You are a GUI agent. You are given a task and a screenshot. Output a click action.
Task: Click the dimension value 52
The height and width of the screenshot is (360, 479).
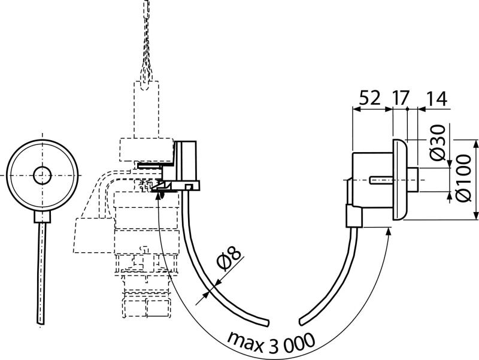point(369,98)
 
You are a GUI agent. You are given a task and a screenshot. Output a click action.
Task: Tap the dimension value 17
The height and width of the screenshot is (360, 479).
point(400,98)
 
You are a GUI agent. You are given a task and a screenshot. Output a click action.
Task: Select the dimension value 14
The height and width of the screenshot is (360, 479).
point(436,98)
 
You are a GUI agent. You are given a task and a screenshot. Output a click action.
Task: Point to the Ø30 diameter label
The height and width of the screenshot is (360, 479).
point(438,143)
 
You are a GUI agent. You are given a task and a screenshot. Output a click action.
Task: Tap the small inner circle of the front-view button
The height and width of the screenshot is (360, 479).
point(42,176)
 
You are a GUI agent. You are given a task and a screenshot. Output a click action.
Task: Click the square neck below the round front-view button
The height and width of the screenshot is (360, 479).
point(42,217)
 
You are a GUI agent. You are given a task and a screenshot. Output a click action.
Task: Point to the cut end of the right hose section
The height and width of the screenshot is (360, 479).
point(302,322)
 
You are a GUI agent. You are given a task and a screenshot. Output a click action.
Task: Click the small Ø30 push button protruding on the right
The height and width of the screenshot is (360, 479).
point(413,180)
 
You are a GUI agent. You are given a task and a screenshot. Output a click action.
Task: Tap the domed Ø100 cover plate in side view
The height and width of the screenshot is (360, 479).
point(399,180)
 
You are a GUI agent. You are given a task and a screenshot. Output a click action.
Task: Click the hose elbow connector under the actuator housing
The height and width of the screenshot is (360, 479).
point(354,216)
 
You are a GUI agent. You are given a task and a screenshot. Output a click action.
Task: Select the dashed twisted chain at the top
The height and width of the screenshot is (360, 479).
point(147,41)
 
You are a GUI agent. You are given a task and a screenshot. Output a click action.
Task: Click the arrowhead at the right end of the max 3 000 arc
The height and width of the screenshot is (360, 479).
point(389,231)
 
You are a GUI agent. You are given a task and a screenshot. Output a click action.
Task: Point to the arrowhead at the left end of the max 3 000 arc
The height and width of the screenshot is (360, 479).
point(158,196)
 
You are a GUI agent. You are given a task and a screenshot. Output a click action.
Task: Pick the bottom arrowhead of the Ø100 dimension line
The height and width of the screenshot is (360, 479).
point(475,216)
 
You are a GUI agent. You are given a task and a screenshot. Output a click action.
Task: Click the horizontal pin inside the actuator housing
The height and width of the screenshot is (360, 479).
point(381,180)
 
